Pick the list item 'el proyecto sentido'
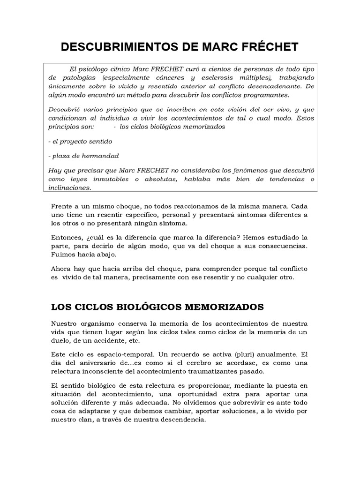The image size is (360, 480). pyautogui.click(x=80, y=141)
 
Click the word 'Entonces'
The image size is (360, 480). pyautogui.click(x=66, y=237)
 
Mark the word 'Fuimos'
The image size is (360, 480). pyautogui.click(x=62, y=255)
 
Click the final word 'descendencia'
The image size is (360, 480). pyautogui.click(x=180, y=420)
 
